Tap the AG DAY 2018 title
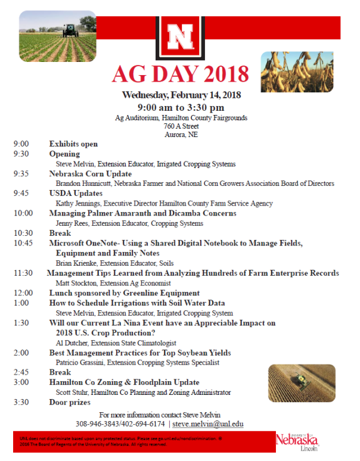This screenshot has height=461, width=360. click(x=181, y=73)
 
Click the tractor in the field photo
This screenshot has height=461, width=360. click(x=70, y=30)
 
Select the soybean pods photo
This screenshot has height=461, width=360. click(x=288, y=71)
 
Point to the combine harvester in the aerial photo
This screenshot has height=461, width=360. click(x=302, y=382)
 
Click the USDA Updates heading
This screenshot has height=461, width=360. click(x=76, y=194)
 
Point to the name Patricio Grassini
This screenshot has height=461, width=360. click(x=82, y=362)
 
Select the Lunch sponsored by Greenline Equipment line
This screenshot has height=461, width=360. click(x=124, y=293)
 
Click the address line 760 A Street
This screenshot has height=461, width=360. click(x=181, y=126)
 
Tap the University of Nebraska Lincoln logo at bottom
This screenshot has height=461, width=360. click(x=297, y=441)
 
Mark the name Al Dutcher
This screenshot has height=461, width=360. click(x=73, y=342)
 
